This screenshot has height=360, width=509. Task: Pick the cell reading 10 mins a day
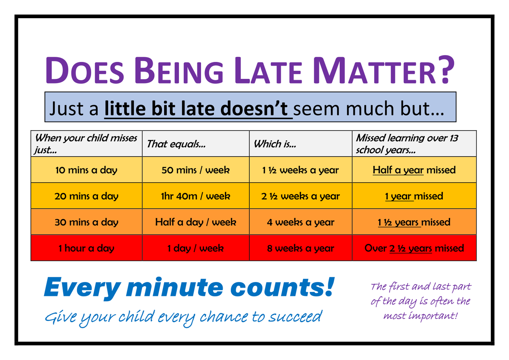[87, 170]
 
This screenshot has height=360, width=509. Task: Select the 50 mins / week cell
[196, 170]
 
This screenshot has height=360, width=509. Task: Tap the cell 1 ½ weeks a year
[301, 170]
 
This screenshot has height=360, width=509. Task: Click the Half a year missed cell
[414, 170]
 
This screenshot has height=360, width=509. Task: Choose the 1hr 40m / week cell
[196, 196]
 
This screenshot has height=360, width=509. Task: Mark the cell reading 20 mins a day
[87, 196]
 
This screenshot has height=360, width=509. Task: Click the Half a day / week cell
[196, 222]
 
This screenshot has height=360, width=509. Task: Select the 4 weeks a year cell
[301, 222]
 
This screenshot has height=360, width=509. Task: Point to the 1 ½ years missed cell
[414, 222]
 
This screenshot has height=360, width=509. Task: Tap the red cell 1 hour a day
[87, 248]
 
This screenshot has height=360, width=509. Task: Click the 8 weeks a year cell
[301, 248]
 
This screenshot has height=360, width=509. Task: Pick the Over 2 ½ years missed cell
[414, 248]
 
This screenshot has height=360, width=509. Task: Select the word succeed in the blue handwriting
[295, 317]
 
